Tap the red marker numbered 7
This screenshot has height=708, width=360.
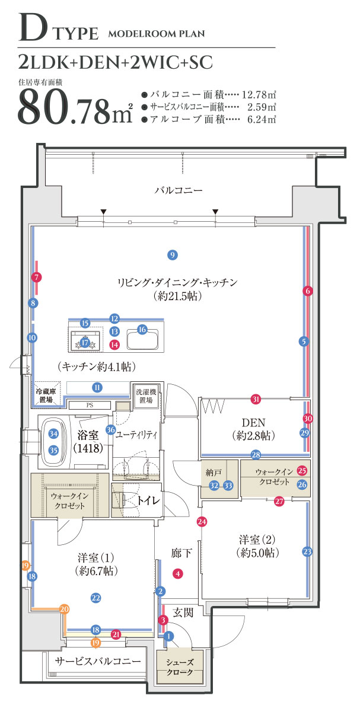[37, 278]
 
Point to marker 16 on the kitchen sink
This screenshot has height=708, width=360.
[142, 330]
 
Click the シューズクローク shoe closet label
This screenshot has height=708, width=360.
[180, 667]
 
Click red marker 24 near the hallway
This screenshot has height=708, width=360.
[202, 522]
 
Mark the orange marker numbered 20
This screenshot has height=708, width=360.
[65, 609]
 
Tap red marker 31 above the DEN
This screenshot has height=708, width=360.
[256, 399]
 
